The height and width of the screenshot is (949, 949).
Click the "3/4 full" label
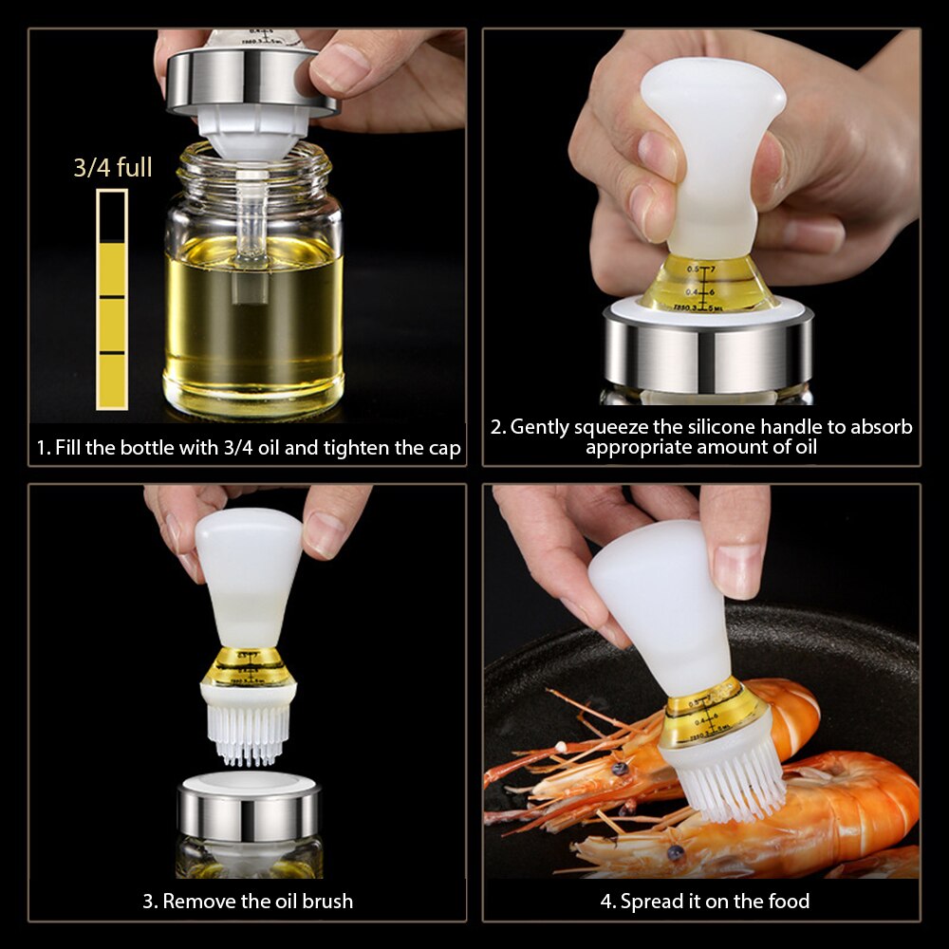point(113,168)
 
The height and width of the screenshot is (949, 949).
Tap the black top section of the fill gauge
point(112,216)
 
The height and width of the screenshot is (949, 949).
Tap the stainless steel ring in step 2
point(708,351)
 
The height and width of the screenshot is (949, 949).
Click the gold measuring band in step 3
point(249,667)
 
